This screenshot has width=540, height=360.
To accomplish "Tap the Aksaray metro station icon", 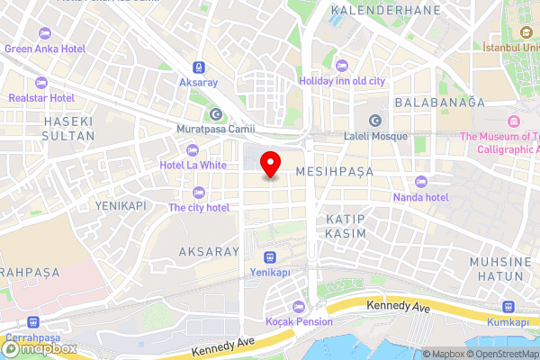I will pyautogui.click(x=199, y=67).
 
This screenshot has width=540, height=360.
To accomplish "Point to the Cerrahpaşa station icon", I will pyautogui.click(x=34, y=321).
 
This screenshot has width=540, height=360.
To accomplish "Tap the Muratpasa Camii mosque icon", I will pyautogui.click(x=216, y=113).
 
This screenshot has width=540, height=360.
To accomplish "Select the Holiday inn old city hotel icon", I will pyautogui.click(x=341, y=65).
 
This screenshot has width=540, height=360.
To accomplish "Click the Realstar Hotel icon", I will pyautogui.click(x=16, y=96).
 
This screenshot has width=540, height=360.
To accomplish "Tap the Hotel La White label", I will pyautogui.click(x=193, y=165).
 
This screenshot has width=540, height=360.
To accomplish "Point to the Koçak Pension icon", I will pyautogui.click(x=298, y=306).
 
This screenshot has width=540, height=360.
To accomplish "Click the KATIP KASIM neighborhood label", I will pyautogui.click(x=346, y=226).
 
